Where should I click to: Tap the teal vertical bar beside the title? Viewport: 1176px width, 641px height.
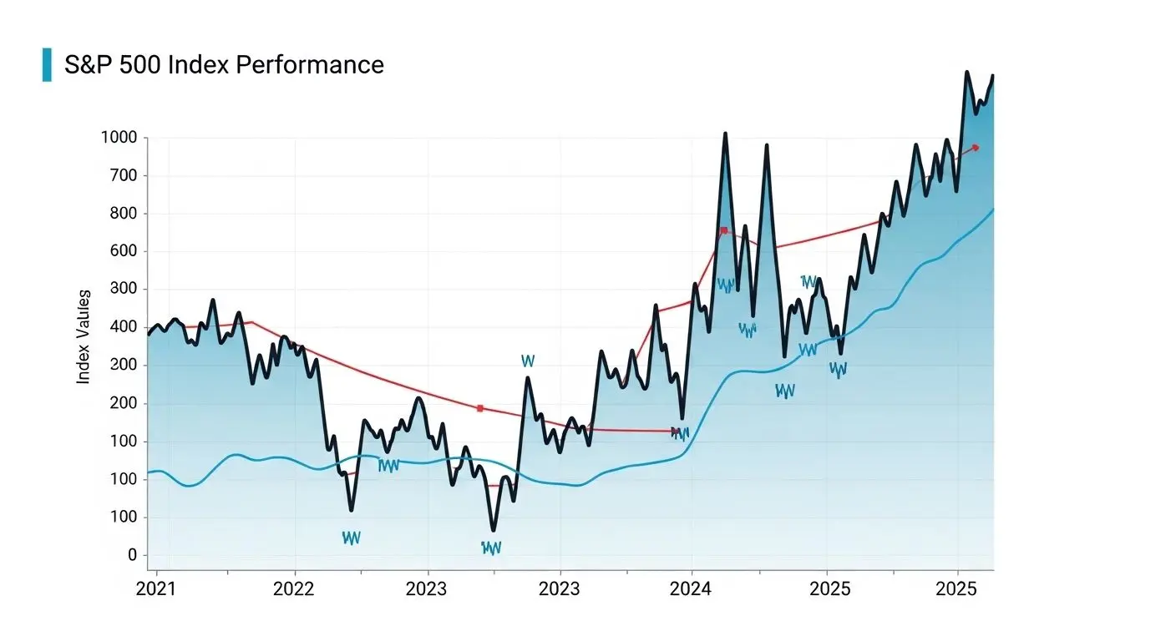click(x=47, y=64)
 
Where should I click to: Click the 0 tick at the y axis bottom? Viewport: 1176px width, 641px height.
click(x=132, y=555)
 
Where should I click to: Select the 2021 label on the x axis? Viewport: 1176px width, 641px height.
click(x=156, y=589)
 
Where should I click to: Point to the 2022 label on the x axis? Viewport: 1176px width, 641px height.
click(x=294, y=589)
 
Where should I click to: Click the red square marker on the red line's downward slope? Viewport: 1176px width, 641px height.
click(x=479, y=408)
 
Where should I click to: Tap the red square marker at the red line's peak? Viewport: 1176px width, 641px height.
click(x=723, y=230)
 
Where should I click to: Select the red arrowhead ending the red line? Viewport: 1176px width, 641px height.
click(x=975, y=148)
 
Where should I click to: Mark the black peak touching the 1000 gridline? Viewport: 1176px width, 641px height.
click(x=724, y=134)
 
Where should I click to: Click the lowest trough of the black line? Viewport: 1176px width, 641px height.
click(x=494, y=529)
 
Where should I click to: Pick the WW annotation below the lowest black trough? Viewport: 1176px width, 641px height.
click(x=491, y=548)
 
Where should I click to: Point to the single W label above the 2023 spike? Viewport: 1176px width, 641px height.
click(x=527, y=361)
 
